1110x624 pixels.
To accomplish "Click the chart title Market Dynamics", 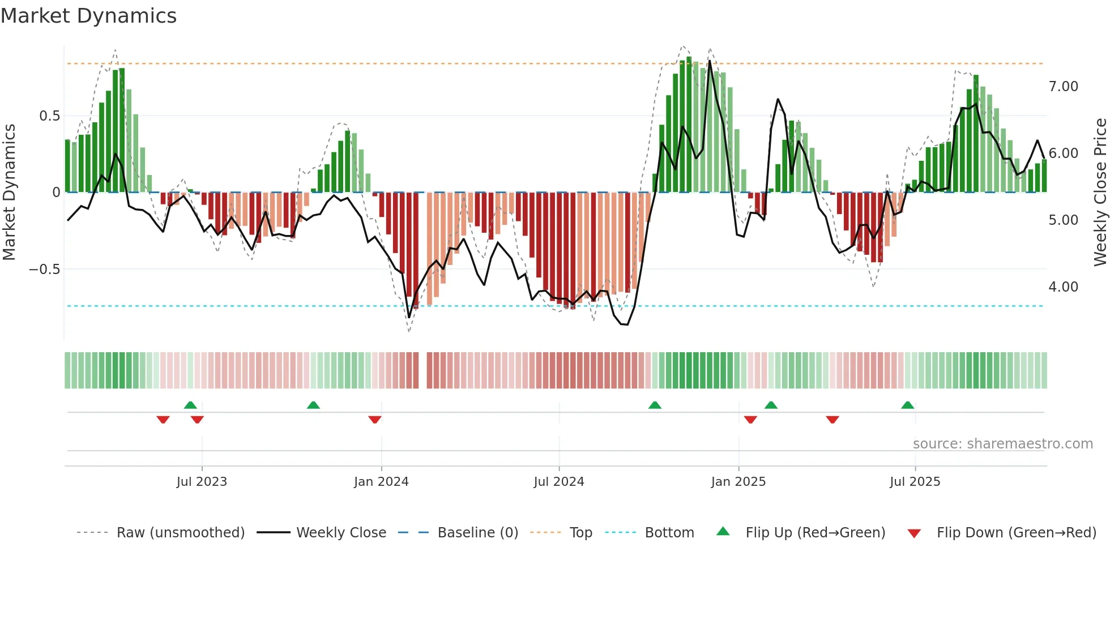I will pyautogui.click(x=88, y=16).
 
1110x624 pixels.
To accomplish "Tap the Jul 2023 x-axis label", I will pyautogui.click(x=202, y=482).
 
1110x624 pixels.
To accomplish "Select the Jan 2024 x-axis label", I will pyautogui.click(x=381, y=482).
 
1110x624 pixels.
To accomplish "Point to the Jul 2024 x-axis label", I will pyautogui.click(x=559, y=482).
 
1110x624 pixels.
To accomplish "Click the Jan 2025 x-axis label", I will pyautogui.click(x=738, y=482).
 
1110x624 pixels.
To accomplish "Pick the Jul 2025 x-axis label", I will pyautogui.click(x=915, y=482).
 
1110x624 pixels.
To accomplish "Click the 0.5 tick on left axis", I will pyautogui.click(x=49, y=116).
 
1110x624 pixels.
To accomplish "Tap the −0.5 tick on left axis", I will pyautogui.click(x=45, y=270).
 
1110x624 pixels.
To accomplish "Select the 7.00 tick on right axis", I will pyautogui.click(x=1063, y=87).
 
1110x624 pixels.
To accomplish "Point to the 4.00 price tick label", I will pyautogui.click(x=1063, y=287).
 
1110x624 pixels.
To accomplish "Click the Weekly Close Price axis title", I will pyautogui.click(x=1100, y=193).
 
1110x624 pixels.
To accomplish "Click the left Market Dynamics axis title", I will pyautogui.click(x=9, y=193).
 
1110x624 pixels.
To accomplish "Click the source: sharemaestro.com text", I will pyautogui.click(x=1002, y=444).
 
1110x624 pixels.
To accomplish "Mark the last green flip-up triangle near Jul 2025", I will pyautogui.click(x=907, y=405).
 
